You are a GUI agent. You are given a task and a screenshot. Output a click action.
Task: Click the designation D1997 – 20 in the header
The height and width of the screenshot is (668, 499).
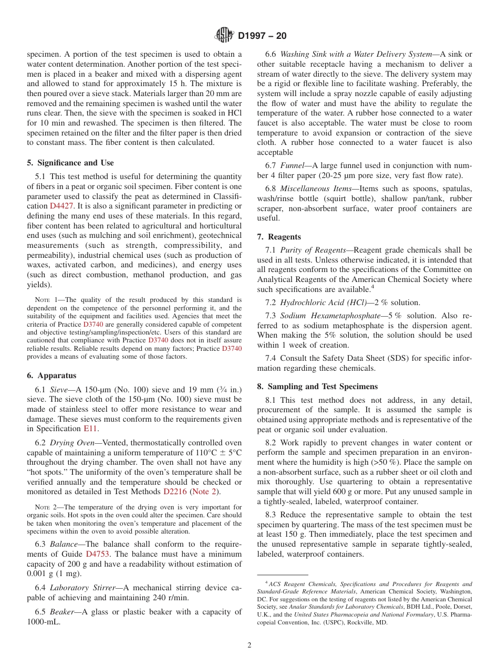pyautogui.click(x=262, y=36)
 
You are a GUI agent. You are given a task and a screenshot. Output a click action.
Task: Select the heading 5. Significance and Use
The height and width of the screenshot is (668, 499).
pyautogui.click(x=70, y=163)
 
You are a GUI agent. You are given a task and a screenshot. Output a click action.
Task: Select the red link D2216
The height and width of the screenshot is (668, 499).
pyautogui.click(x=175, y=492)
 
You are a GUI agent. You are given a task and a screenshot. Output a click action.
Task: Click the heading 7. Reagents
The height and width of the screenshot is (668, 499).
pyautogui.click(x=279, y=237)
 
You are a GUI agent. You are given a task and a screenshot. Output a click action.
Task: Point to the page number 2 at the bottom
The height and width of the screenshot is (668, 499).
pyautogui.click(x=250, y=645)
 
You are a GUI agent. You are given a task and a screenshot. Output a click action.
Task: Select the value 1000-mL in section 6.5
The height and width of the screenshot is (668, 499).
pyautogui.click(x=43, y=621)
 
